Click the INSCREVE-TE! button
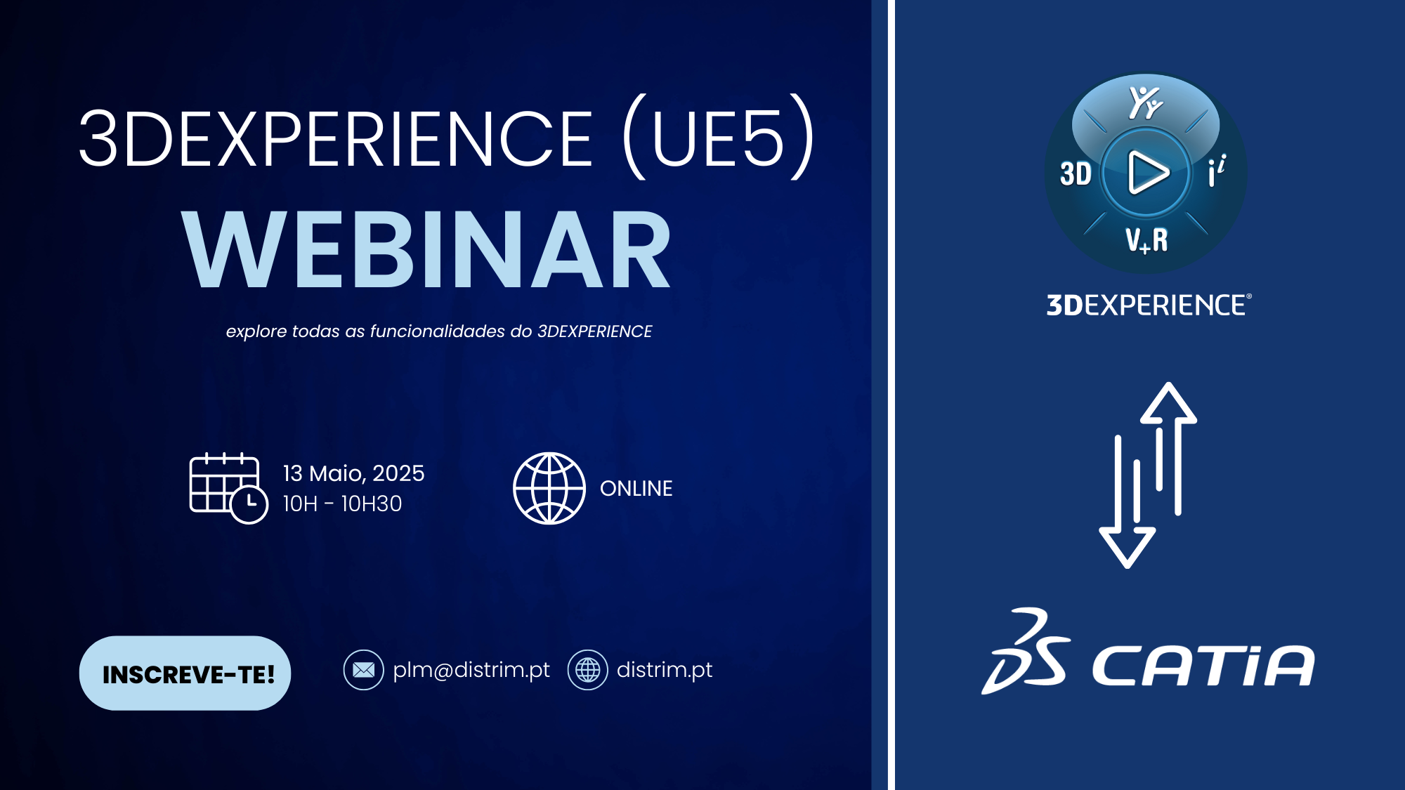[185, 673]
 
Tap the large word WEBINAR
[426, 250]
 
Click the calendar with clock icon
[229, 488]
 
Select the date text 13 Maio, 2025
[353, 474]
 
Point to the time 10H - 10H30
[342, 503]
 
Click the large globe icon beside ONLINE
[549, 488]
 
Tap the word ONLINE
[636, 488]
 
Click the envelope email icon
[363, 670]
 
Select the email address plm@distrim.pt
[471, 670]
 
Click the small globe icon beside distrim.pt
[587, 670]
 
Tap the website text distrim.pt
[664, 670]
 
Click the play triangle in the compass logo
[1146, 172]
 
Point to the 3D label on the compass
[1076, 173]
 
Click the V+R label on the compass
[1146, 240]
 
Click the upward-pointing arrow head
[1168, 403]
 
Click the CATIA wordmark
[1203, 665]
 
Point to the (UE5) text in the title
[719, 137]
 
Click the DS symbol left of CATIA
[1026, 652]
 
